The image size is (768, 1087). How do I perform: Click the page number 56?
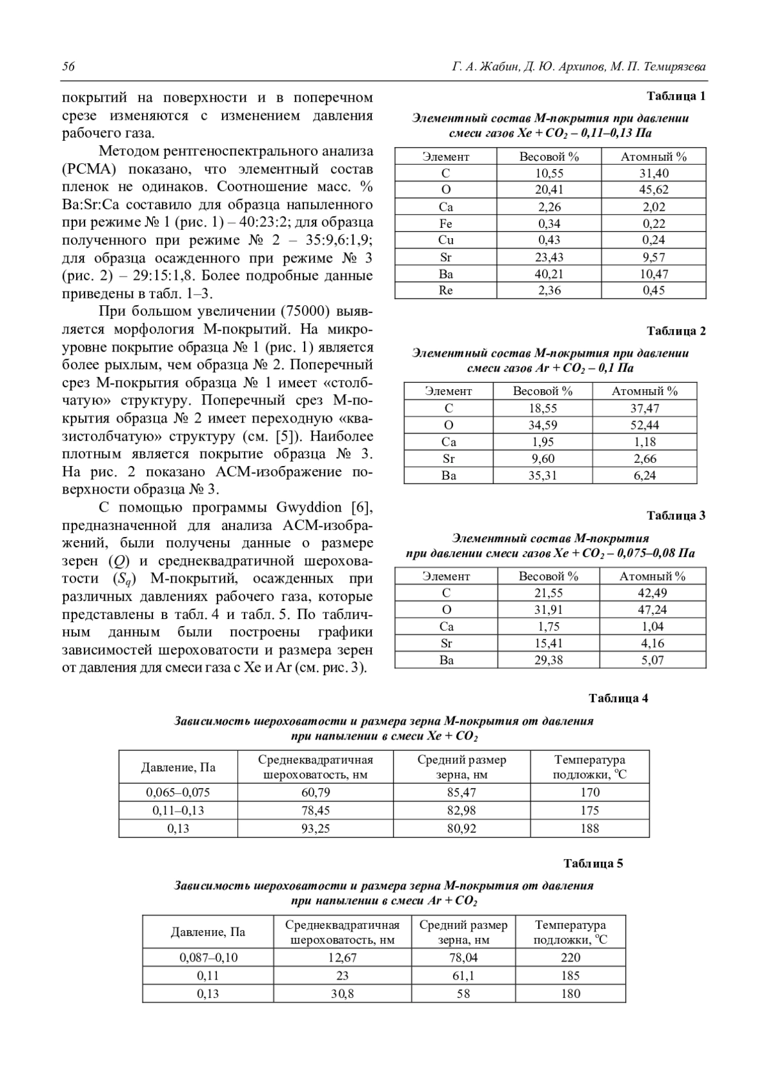click(x=68, y=67)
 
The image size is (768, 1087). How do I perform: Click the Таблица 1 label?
click(x=676, y=97)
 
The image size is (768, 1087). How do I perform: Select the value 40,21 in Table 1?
click(x=549, y=274)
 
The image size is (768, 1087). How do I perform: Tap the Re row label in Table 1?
click(x=446, y=291)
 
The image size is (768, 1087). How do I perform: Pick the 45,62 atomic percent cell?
click(x=653, y=190)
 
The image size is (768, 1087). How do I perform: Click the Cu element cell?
click(x=446, y=240)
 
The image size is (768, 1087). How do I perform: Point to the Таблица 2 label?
click(x=676, y=331)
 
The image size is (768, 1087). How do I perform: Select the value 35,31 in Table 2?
click(x=543, y=476)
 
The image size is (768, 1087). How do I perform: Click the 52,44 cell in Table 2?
click(x=644, y=425)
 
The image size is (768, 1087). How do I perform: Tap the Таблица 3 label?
click(x=676, y=515)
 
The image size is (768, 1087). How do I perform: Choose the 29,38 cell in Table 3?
click(x=548, y=660)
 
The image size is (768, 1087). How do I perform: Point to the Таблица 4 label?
click(x=618, y=698)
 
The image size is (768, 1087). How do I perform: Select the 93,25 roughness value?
click(x=316, y=828)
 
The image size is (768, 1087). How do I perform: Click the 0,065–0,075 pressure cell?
click(x=178, y=793)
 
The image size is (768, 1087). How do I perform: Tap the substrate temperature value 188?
click(x=589, y=828)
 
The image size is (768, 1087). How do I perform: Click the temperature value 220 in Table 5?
click(x=570, y=958)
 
